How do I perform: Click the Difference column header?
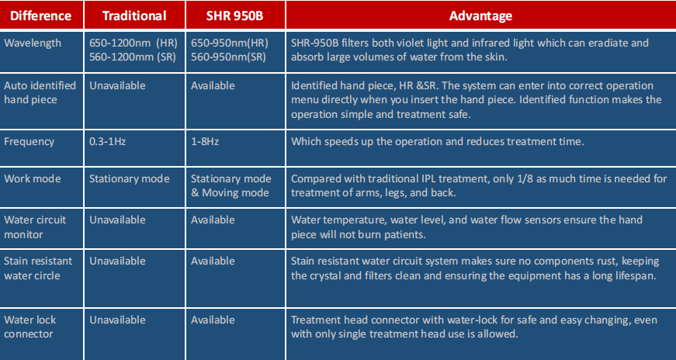[40, 16]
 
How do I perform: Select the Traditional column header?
[134, 16]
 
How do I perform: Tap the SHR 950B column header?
[234, 16]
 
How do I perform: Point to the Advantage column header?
[480, 16]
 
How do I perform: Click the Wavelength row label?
[33, 43]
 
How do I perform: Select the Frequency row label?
[29, 142]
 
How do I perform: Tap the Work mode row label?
[33, 179]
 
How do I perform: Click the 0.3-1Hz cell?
[107, 141]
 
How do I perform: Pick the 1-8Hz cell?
[205, 141]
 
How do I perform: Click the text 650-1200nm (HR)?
[133, 43]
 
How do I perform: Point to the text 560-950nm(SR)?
[228, 57]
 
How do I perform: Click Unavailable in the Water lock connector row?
[117, 320]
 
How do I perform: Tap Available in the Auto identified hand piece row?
[213, 86]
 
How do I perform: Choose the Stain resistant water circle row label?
[38, 268]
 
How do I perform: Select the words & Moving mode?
[230, 192]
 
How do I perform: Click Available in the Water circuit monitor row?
[213, 220]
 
